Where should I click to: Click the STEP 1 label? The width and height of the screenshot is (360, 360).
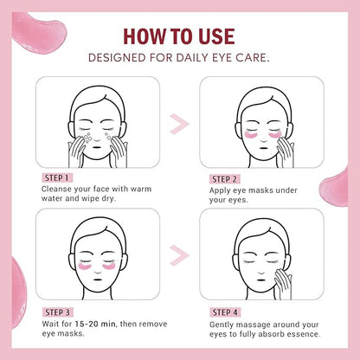(57, 178)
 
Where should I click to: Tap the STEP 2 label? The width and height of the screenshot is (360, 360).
(224, 179)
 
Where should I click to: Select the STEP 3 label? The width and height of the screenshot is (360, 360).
(58, 312)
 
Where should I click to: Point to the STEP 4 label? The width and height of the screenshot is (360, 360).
(225, 312)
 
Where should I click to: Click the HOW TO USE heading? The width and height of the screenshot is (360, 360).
(179, 36)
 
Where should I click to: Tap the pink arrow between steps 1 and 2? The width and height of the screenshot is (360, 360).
(179, 124)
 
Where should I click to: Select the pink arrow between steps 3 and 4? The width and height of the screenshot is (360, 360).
(179, 255)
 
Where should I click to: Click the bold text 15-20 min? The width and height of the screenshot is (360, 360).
(95, 324)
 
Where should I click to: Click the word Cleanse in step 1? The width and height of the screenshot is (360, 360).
(56, 190)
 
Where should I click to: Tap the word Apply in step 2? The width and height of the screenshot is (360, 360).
(220, 191)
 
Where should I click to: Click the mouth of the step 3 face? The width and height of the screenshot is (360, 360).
(98, 280)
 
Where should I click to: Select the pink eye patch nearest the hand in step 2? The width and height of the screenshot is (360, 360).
(275, 134)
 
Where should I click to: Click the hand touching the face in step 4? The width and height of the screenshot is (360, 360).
(283, 284)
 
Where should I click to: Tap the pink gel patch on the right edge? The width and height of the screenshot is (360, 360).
(336, 189)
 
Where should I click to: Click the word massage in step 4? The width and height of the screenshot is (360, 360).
(255, 325)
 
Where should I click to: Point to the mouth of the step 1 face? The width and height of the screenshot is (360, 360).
(98, 147)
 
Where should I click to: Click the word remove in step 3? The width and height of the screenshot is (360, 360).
(152, 324)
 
